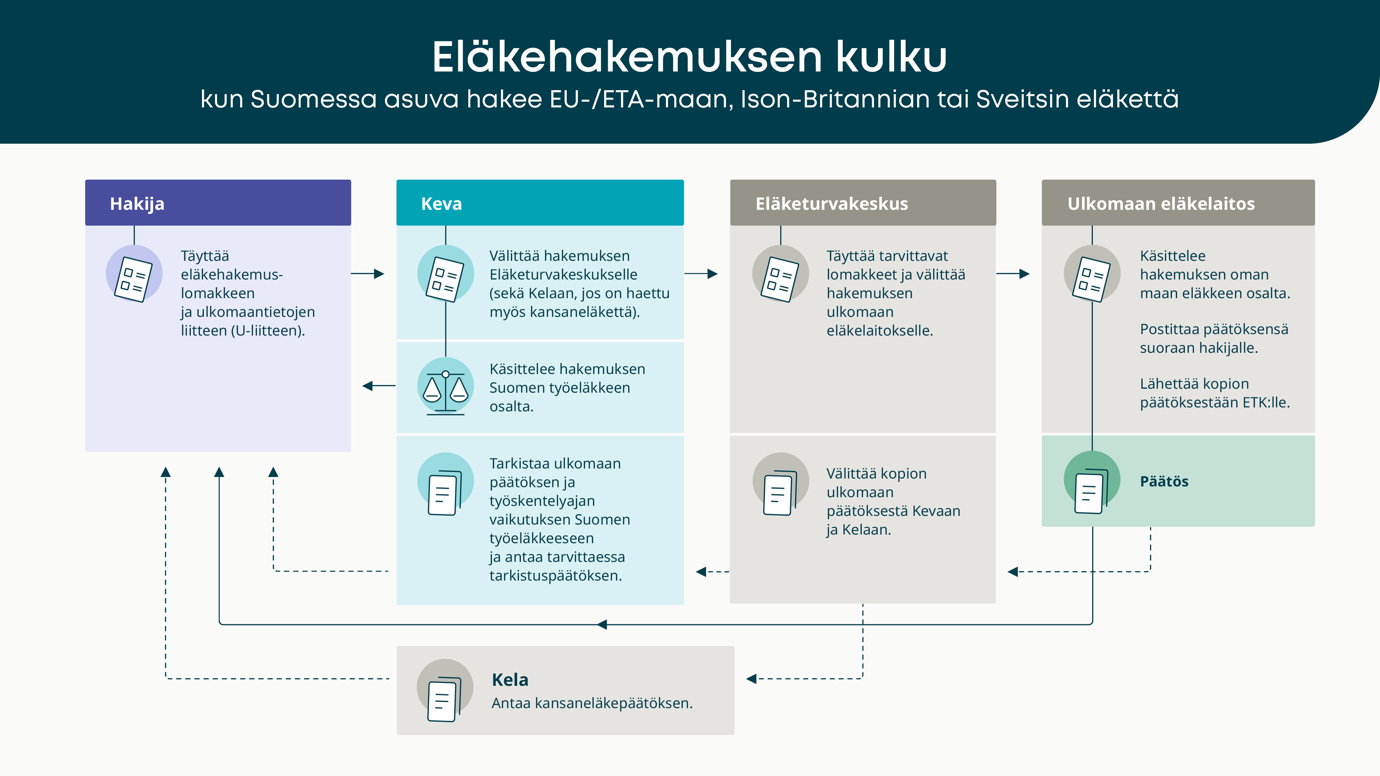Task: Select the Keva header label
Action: [441, 203]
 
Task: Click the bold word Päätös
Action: [1164, 481]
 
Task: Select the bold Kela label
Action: [510, 680]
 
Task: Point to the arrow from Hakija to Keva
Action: [368, 274]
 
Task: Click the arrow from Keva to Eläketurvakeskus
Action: [701, 274]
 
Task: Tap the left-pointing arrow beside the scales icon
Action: [379, 385]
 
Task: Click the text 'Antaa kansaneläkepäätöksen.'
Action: [592, 703]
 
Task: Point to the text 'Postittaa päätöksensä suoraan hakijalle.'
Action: [1214, 338]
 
